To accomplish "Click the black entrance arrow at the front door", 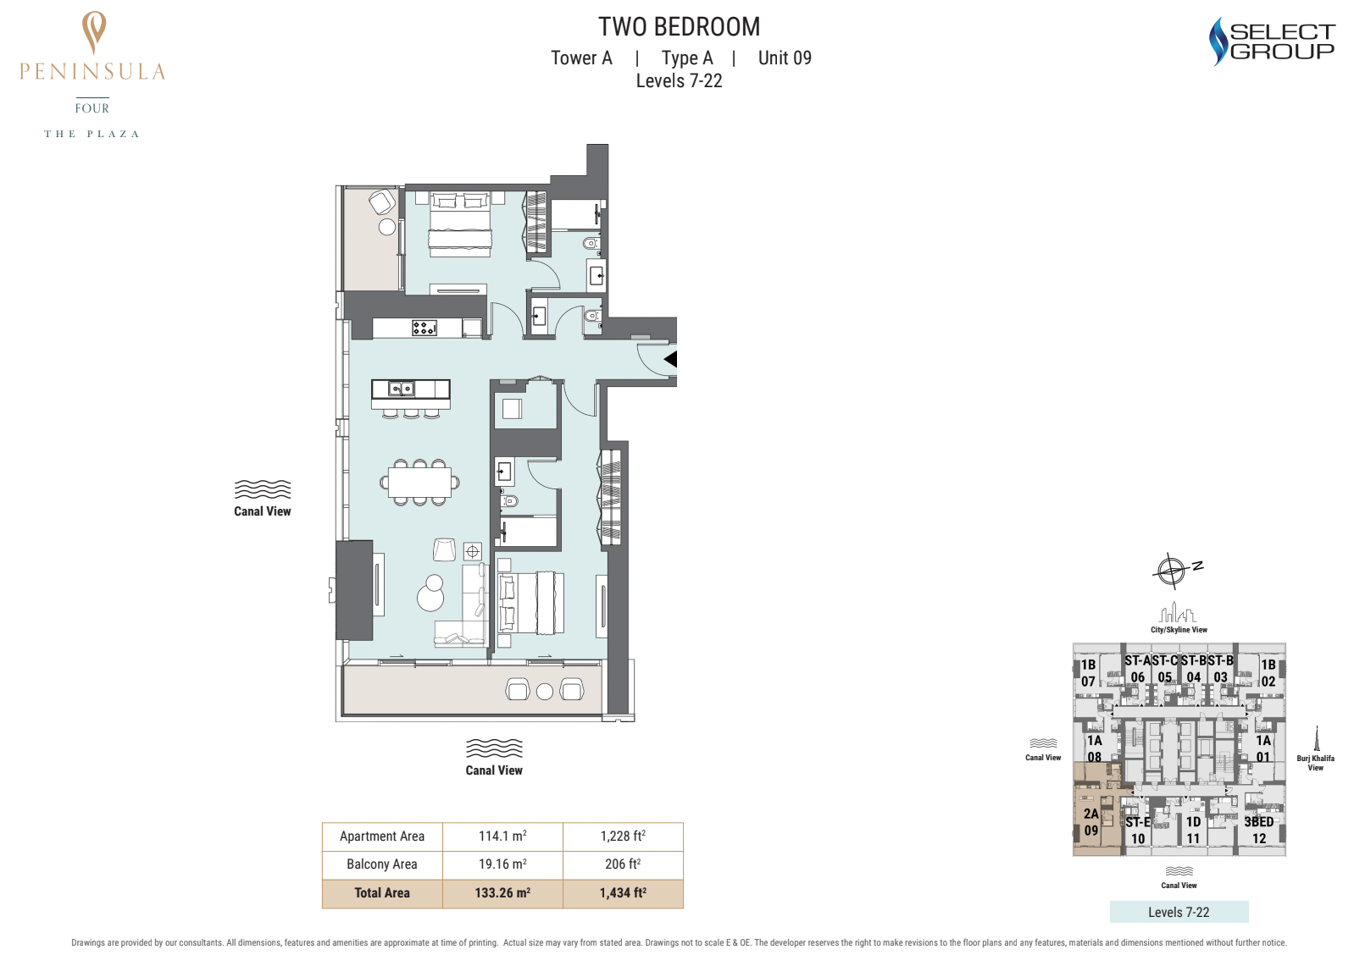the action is tap(671, 360).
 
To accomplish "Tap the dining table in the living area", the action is tap(419, 482).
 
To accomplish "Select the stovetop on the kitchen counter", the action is tap(425, 328).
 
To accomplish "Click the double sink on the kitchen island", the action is tap(401, 389).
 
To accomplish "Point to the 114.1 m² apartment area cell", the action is tap(502, 836).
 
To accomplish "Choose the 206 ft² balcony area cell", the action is tap(623, 864).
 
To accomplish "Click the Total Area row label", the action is tap(382, 893).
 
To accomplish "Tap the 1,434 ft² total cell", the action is tap(623, 893).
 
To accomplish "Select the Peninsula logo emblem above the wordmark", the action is tap(94, 32).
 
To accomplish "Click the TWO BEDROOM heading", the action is tap(679, 27).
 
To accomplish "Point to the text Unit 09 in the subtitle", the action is tap(785, 58).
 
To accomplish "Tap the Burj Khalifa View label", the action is tap(1315, 763).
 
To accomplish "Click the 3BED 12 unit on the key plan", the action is tap(1258, 830).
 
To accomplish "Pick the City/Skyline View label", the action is tap(1179, 629).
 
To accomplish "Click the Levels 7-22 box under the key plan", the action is tap(1179, 912).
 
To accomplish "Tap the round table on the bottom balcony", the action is tap(545, 692).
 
